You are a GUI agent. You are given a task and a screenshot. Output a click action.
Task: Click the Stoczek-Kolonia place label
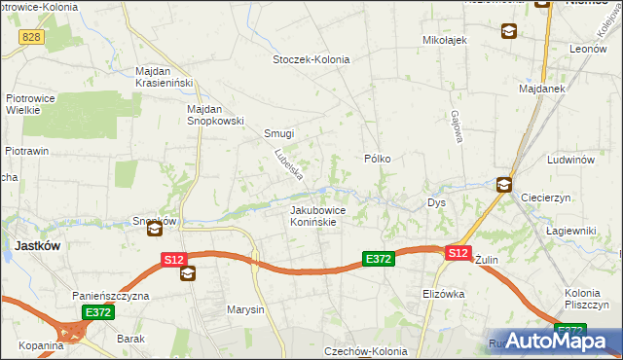click(x=310, y=59)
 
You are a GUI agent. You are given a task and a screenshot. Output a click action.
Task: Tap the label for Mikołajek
click(x=446, y=40)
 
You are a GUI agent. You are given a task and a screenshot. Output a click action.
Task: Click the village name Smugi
click(x=279, y=133)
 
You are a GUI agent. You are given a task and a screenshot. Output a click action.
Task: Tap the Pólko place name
click(x=378, y=158)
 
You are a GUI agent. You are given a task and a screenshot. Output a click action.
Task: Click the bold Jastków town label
click(x=38, y=247)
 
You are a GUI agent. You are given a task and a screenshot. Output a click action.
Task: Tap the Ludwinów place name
click(x=570, y=159)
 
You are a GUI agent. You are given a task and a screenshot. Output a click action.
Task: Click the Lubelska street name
click(x=289, y=164)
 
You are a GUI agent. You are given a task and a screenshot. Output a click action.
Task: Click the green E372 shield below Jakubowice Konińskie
click(x=378, y=259)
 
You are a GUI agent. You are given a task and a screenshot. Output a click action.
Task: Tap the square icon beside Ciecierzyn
click(x=504, y=184)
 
